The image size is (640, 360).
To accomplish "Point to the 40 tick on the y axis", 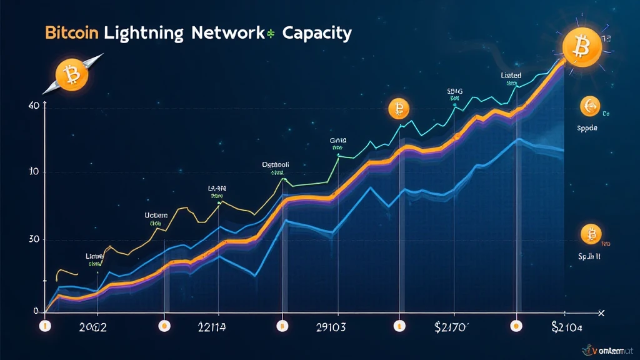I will coord(34,106).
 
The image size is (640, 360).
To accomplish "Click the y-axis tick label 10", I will coord(34,171).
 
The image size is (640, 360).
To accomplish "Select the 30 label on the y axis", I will coord(34,239).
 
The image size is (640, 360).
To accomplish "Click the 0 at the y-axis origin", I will coord(37,311).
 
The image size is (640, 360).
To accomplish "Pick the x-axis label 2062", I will coord(90,327).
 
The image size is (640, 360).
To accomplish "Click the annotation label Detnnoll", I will coord(276,165).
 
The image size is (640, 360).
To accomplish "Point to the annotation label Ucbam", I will coord(156,215).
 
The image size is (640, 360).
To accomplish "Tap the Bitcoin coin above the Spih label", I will coord(589,234).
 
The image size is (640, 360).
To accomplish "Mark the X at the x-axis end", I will coord(601,312).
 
